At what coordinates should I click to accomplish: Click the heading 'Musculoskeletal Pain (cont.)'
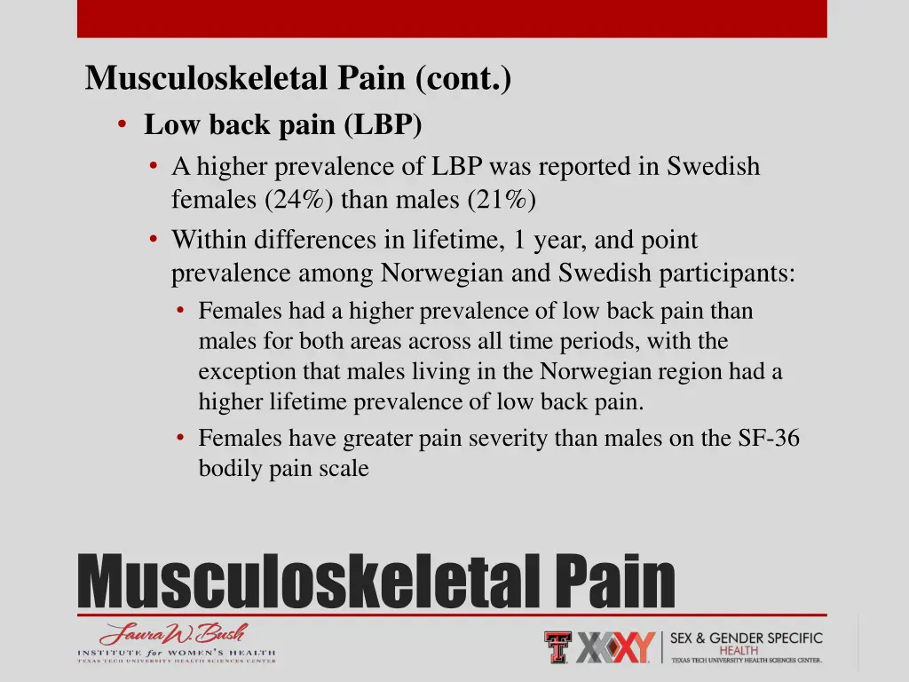point(298,80)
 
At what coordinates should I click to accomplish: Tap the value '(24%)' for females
point(298,200)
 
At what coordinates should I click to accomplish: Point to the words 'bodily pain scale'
point(283,468)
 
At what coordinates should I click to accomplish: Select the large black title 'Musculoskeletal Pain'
point(376,581)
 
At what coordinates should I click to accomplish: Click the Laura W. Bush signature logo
point(173,634)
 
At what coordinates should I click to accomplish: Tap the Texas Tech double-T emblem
point(557,646)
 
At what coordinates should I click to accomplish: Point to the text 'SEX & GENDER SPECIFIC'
point(746,638)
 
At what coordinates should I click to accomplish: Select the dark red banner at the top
point(452,19)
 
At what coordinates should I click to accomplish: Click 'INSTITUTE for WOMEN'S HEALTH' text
point(176,654)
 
